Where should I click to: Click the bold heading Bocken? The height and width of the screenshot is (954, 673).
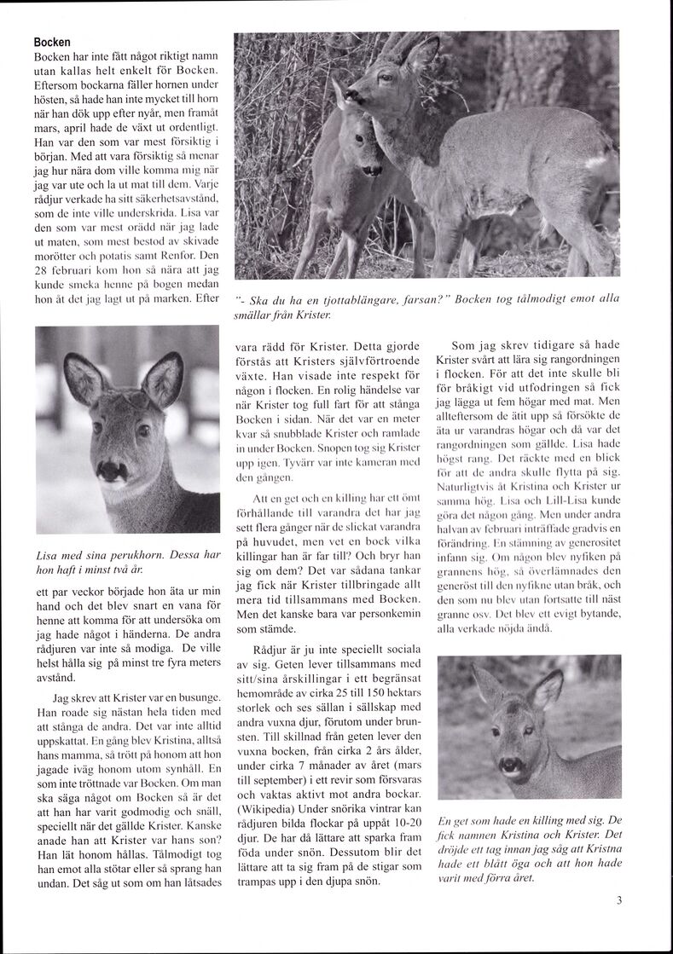[52, 42]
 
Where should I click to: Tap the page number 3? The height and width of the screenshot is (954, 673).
[618, 899]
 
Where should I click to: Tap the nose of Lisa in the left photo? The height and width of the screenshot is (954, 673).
[109, 469]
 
